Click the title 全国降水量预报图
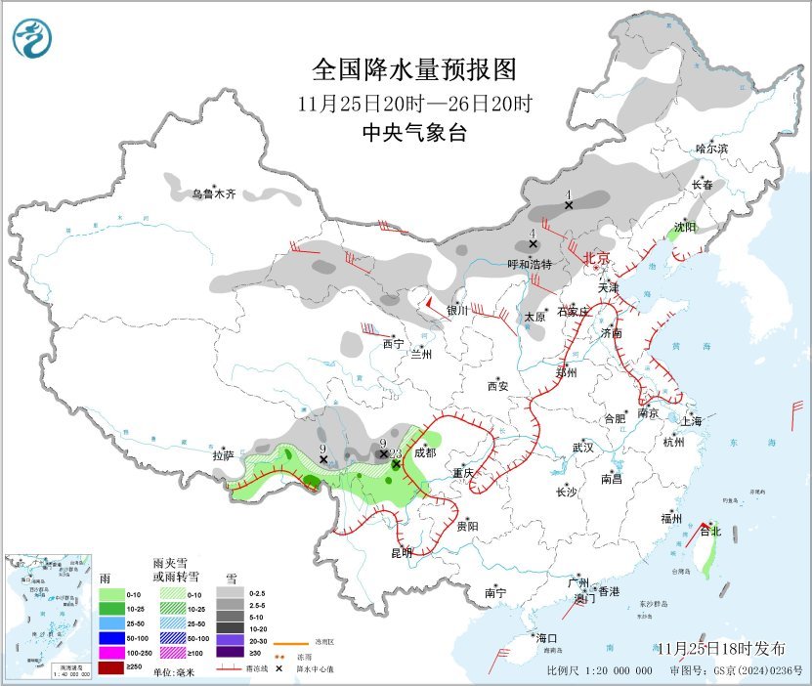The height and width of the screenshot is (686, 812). click(x=412, y=69)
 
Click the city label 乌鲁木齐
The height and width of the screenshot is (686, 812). click(x=213, y=194)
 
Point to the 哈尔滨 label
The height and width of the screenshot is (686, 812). click(x=711, y=149)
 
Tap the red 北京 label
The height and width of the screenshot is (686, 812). click(x=596, y=258)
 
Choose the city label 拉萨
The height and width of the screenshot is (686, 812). click(x=224, y=455)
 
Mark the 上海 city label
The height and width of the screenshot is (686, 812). click(x=692, y=421)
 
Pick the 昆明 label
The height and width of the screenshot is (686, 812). click(x=402, y=553)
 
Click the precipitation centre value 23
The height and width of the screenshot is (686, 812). click(x=396, y=453)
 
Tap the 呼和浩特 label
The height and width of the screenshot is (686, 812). click(x=530, y=264)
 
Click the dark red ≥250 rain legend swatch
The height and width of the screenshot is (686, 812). click(x=112, y=667)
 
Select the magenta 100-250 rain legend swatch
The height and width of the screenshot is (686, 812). click(x=112, y=651)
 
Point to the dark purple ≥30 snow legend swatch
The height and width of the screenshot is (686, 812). click(x=229, y=653)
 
